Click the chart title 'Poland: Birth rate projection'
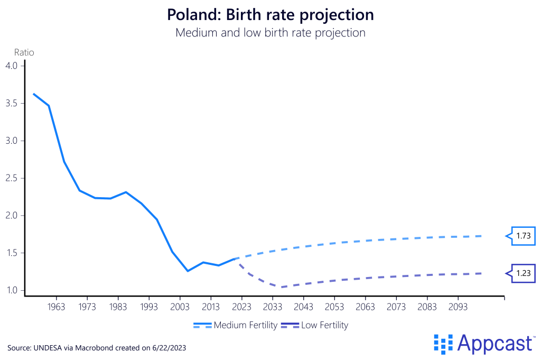[x=270, y=14]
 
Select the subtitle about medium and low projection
[x=270, y=32]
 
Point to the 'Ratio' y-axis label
[x=23, y=52]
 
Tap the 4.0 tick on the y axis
[x=12, y=66]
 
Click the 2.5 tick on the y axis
[x=12, y=178]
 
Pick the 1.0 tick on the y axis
[x=12, y=290]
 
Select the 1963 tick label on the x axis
[x=57, y=307]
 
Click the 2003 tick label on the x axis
[x=180, y=307]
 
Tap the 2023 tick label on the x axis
[x=241, y=307]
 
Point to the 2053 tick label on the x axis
[x=334, y=307]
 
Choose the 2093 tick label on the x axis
[x=458, y=307]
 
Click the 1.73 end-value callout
[x=524, y=236]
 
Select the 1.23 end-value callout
[x=524, y=273]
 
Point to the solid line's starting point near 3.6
[x=33, y=94]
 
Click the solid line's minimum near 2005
[x=188, y=271]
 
